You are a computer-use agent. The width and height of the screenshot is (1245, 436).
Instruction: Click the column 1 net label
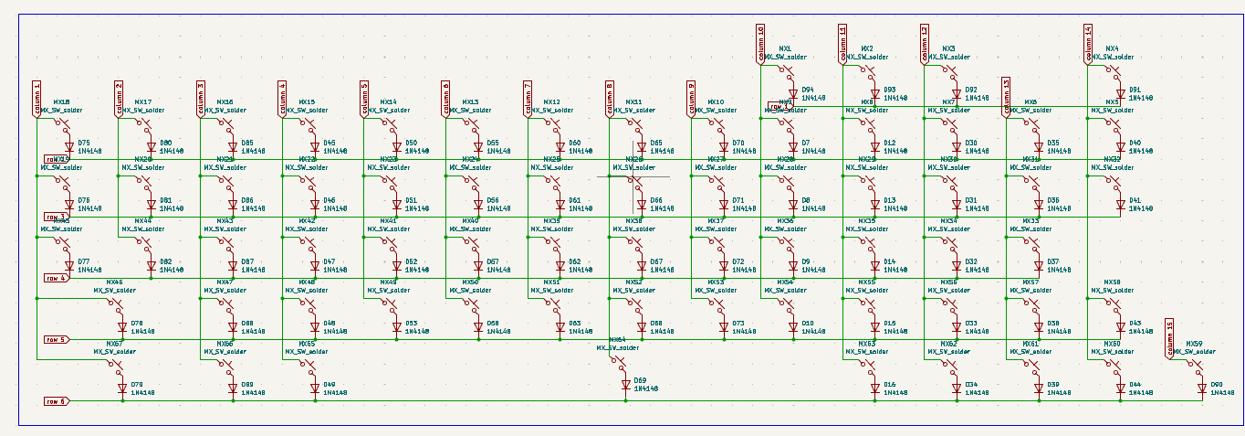coord(37,100)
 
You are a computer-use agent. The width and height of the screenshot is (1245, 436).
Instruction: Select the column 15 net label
coord(1169,339)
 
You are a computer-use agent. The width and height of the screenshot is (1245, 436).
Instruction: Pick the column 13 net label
coord(1006,98)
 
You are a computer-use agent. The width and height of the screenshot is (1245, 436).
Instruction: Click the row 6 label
coord(56,401)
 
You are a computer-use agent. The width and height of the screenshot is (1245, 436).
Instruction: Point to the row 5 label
coord(56,339)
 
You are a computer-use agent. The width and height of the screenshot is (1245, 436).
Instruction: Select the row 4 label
coord(56,278)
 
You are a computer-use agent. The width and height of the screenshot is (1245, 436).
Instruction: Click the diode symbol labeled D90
coord(1202,388)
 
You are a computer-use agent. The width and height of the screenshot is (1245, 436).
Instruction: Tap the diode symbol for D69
coord(626,385)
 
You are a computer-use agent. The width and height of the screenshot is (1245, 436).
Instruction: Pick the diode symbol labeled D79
coord(122,388)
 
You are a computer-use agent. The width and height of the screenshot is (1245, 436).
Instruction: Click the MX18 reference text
coord(62,102)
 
